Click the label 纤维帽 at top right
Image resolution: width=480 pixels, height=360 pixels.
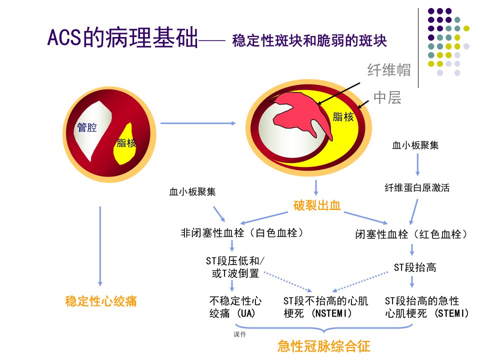tap(389, 70)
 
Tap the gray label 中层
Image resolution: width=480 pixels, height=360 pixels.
tap(387, 97)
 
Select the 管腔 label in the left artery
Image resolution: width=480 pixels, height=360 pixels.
tap(87, 127)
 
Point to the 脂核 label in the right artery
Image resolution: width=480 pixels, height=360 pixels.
tap(343, 116)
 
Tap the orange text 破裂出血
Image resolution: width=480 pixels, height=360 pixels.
tap(317, 205)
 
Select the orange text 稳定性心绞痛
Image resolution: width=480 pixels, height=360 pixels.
tap(100, 301)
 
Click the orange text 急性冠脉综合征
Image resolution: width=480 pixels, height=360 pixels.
tap(324, 346)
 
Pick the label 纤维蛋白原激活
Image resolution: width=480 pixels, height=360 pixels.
tap(417, 187)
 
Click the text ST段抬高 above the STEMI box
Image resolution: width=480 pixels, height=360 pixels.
tap(415, 267)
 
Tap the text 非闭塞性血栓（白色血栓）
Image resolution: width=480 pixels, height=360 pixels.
tap(242, 233)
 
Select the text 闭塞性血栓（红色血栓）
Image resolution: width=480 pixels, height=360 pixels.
tap(411, 234)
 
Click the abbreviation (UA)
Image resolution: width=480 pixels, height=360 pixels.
tap(246, 313)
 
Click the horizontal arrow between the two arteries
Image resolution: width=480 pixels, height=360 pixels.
tap(198, 123)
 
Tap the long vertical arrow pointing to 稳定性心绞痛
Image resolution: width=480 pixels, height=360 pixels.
tap(100, 246)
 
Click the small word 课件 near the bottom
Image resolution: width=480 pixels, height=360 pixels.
tap(239, 334)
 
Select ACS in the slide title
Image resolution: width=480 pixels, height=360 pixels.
tap(64, 37)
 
